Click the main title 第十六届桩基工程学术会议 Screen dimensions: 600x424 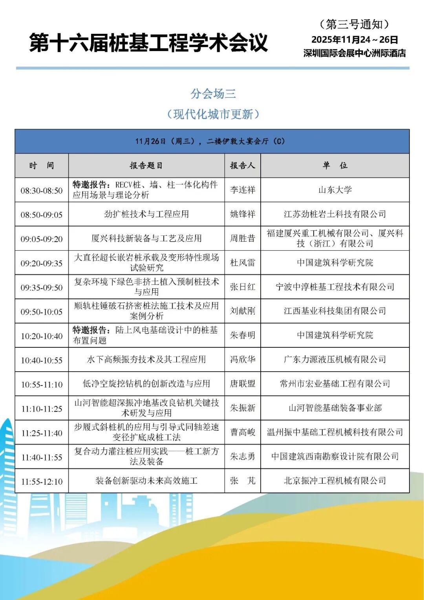coord(148,43)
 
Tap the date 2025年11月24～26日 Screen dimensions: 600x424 coord(355,40)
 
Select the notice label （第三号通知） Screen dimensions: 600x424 coord(355,24)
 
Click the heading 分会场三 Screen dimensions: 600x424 coord(213,94)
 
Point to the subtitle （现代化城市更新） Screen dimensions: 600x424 coord(213,114)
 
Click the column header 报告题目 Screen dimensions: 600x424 coord(146,165)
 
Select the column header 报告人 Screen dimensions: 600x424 coord(242,165)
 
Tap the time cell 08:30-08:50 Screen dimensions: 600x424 coord(42,191)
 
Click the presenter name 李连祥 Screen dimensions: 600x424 coord(242,190)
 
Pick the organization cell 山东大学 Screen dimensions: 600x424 coord(335,190)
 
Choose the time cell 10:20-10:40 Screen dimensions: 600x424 coord(42,336)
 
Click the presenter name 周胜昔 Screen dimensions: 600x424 coord(242,239)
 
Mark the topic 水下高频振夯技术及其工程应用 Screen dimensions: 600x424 coord(146,360)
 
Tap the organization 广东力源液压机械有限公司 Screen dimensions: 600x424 coord(335,360)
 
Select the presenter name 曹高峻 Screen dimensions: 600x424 coord(242,432)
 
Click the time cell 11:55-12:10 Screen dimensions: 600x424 coord(42,481)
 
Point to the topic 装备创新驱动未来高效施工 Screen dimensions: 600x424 coord(146,481)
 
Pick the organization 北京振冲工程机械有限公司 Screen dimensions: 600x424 coord(335,481)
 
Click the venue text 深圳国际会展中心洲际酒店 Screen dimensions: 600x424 coord(355,53)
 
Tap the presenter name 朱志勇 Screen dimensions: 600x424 coord(242,457)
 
